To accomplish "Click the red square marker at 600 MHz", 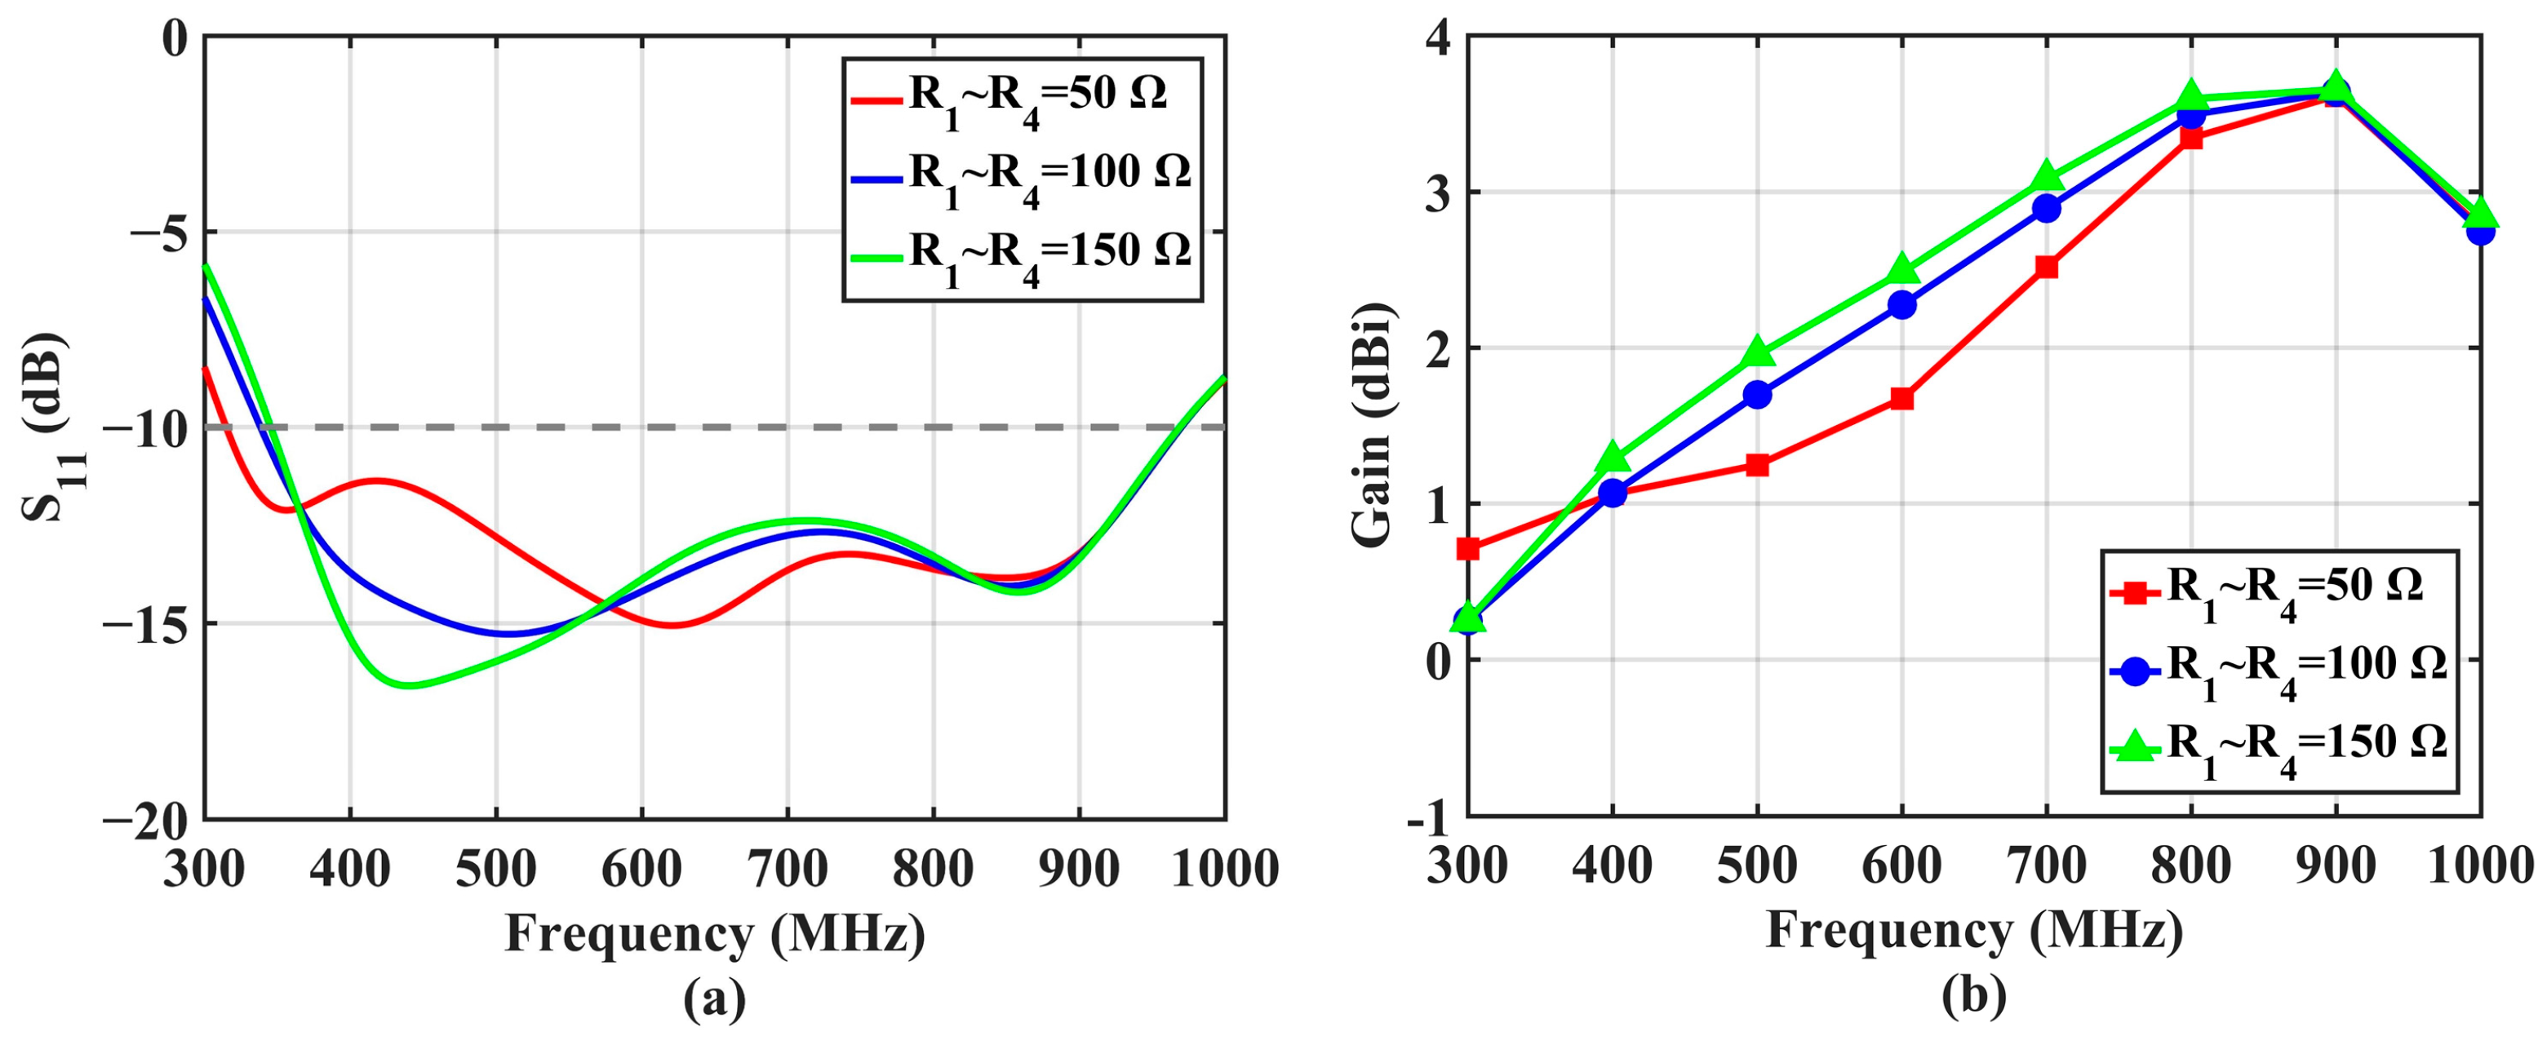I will [x=1901, y=398].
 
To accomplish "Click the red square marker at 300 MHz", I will [x=1468, y=547].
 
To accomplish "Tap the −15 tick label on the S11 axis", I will [x=145, y=624].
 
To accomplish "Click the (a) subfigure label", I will [x=714, y=999].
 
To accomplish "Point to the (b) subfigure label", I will [x=1973, y=997].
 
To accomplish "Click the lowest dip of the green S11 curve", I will [x=408, y=685].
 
